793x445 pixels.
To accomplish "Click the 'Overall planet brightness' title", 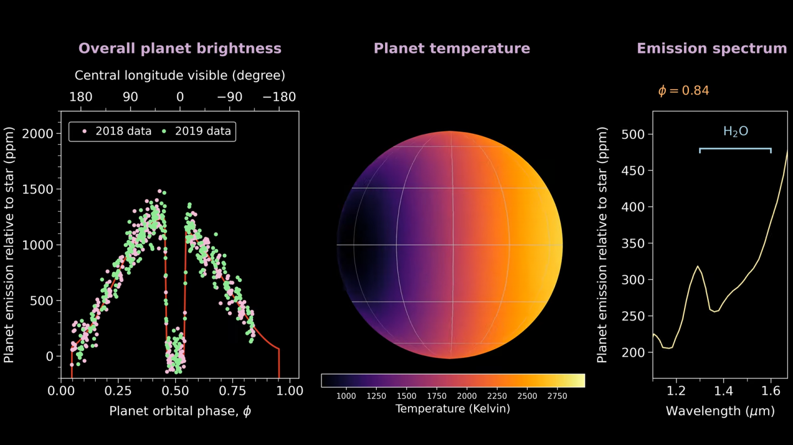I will (x=180, y=48).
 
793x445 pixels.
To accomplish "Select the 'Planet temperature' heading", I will (x=452, y=48).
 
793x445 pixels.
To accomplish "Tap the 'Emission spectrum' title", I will (x=711, y=48).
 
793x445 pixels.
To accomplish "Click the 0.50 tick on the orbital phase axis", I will (x=175, y=391).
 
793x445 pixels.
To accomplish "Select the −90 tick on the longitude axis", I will (x=230, y=97).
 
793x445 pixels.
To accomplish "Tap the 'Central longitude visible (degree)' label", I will (x=180, y=75).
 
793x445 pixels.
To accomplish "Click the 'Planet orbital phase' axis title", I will (x=180, y=411).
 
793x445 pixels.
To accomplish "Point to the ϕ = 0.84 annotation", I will (x=683, y=91).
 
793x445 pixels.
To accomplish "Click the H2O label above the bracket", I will (x=735, y=132).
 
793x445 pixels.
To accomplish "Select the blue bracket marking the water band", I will (x=735, y=149).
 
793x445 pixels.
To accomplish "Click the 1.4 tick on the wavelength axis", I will (x=724, y=391).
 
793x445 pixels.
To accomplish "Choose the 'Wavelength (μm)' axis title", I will (x=720, y=411).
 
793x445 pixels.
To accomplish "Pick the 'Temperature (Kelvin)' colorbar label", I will (x=453, y=408).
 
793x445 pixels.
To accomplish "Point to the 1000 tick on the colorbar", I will (x=346, y=396).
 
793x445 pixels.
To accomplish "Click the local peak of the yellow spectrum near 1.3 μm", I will (x=698, y=266).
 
